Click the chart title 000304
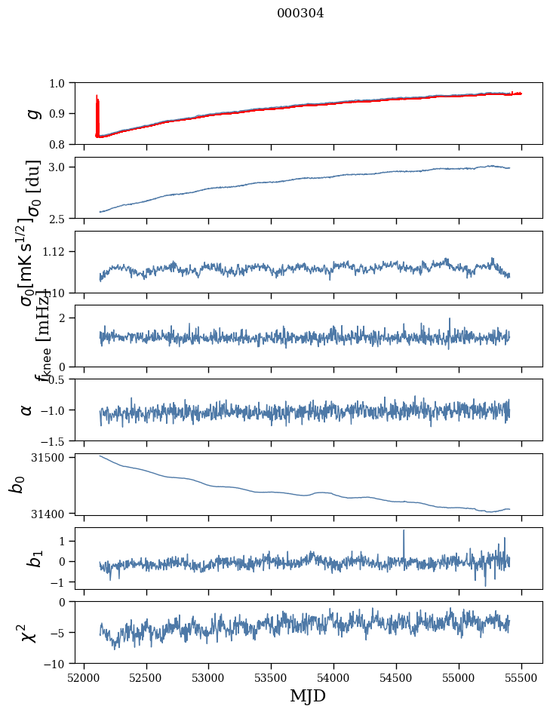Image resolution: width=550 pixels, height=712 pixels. point(300,13)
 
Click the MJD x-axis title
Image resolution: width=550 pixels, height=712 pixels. point(308,695)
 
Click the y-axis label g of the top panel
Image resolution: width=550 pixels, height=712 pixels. point(32,113)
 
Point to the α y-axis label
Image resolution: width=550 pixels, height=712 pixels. point(27,410)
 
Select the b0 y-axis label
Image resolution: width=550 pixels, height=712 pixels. point(17,484)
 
